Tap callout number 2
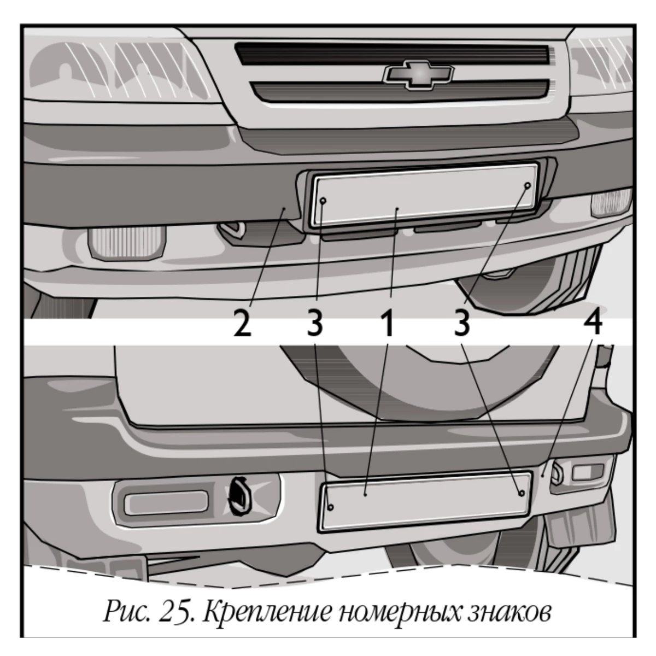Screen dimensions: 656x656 pyautogui.click(x=242, y=324)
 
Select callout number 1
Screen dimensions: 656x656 pyautogui.click(x=388, y=324)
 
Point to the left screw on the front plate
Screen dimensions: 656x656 pyautogui.click(x=324, y=201)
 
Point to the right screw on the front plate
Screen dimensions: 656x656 pyautogui.click(x=528, y=185)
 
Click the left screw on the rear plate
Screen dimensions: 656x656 pyautogui.click(x=331, y=508)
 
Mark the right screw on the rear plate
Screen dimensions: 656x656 pyautogui.click(x=521, y=493)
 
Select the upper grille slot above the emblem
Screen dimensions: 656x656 pyautogui.click(x=393, y=54)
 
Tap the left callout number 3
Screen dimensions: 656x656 pyautogui.click(x=314, y=324)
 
